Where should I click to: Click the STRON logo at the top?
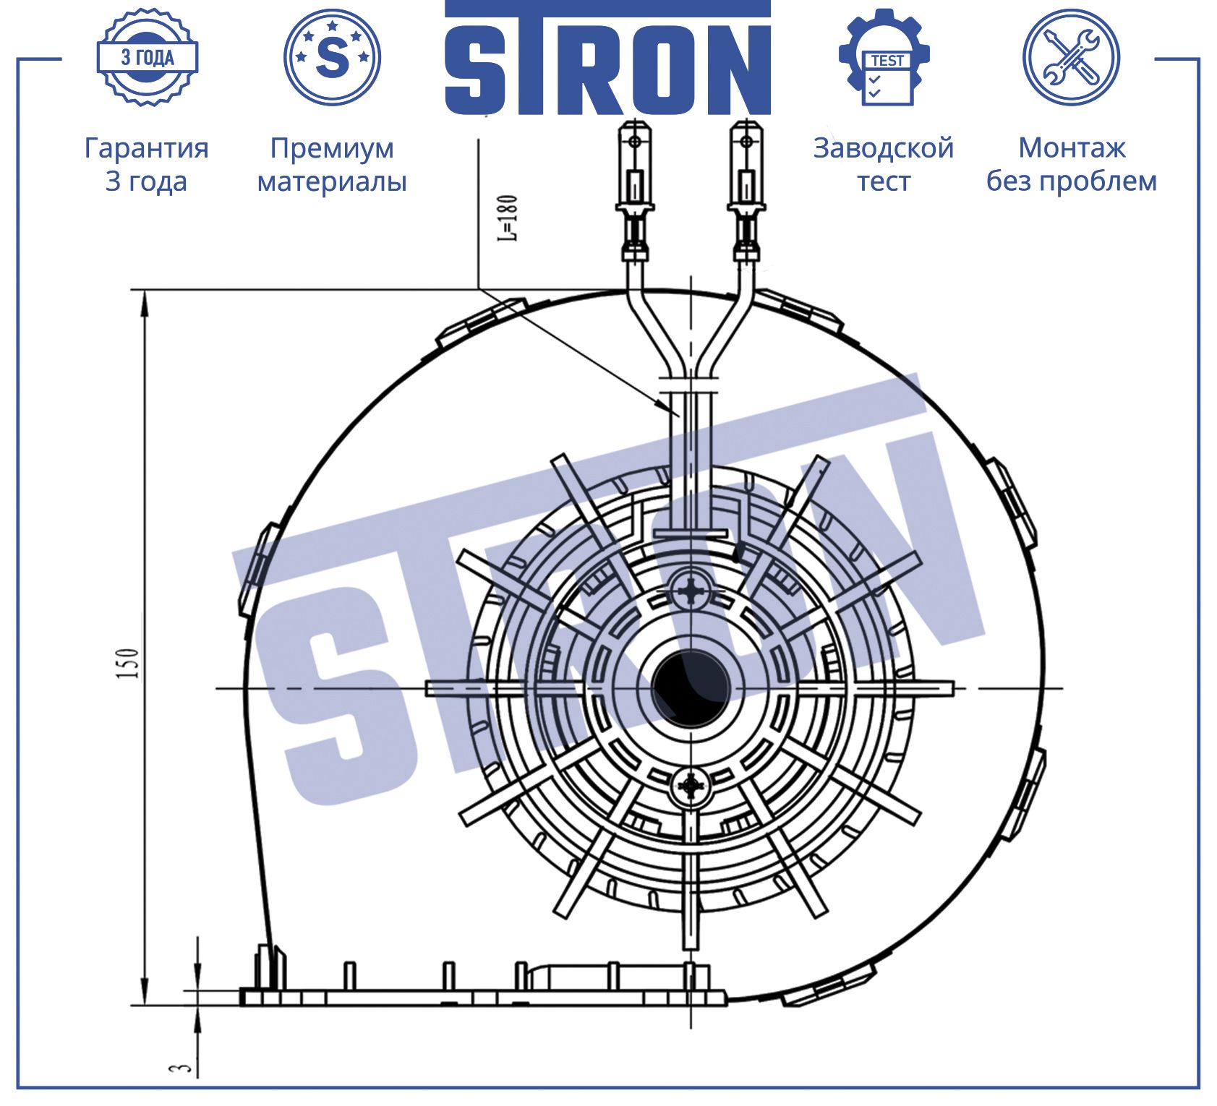607,58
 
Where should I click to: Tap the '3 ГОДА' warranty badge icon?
148,57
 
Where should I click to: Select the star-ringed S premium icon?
333,57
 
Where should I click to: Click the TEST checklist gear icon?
884,57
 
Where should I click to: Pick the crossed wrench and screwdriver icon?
1071,57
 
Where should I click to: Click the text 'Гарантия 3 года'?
146,164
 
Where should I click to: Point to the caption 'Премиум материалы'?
332,164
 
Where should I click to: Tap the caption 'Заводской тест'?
884,164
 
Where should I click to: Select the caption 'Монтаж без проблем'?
1072,164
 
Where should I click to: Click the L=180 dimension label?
509,218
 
